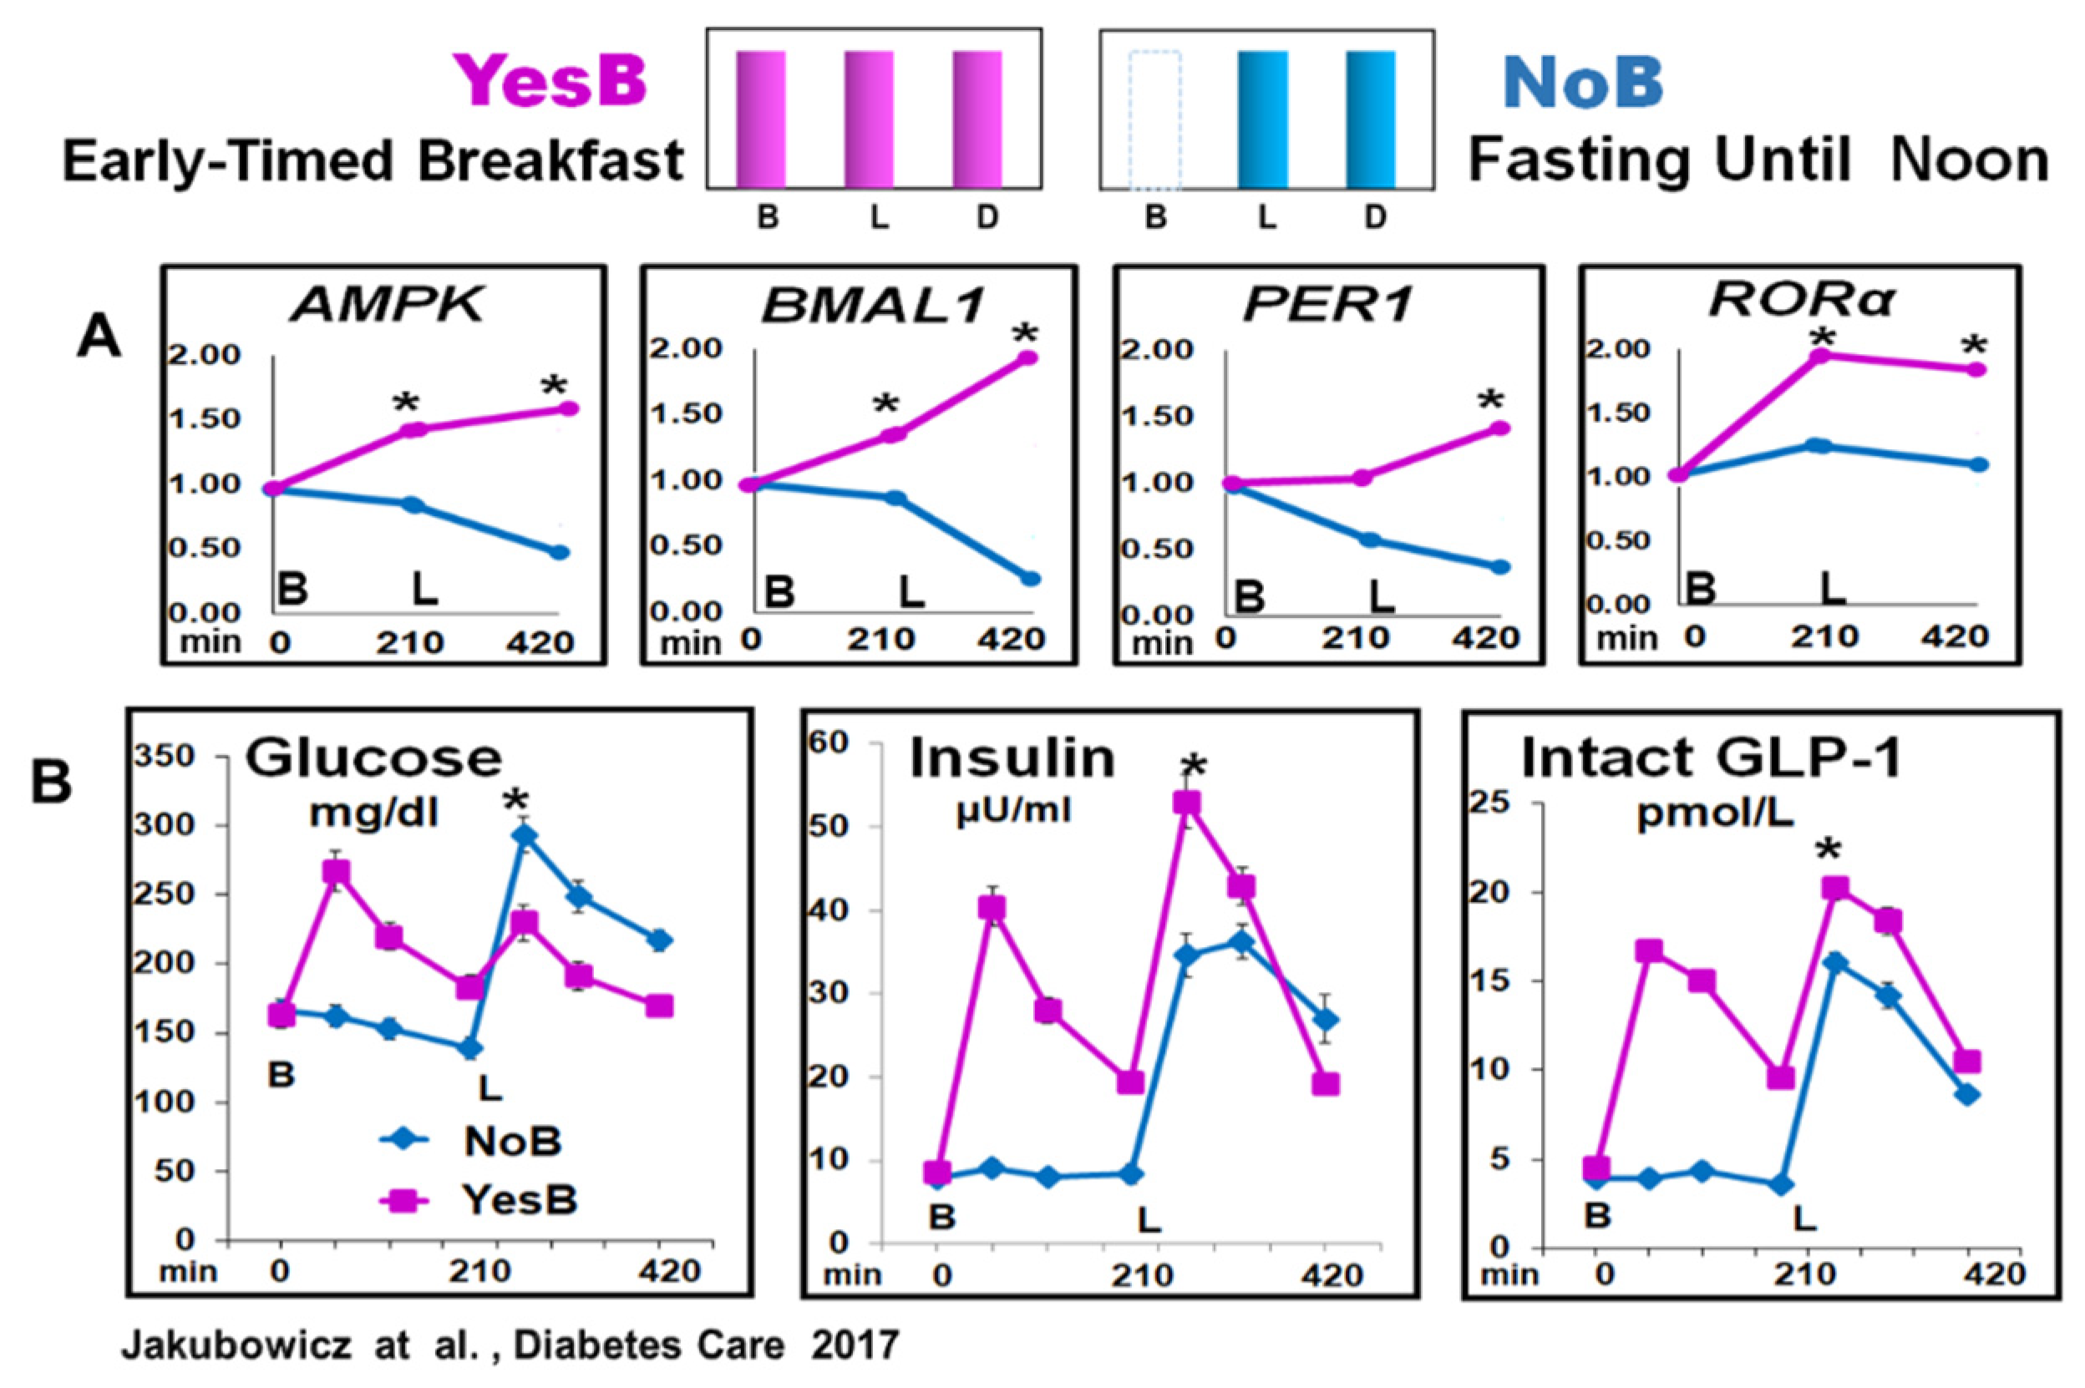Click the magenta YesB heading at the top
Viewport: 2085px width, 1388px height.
coord(550,82)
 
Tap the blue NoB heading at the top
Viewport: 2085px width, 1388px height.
coord(1582,82)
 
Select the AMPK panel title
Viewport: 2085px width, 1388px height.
coord(388,306)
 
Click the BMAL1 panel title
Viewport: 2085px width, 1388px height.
coord(873,306)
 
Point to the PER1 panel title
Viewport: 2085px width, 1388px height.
coord(1328,306)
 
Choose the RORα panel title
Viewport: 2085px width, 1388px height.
coord(1800,301)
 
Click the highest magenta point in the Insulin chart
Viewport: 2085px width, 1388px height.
coord(1186,803)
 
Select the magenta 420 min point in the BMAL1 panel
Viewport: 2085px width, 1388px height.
coord(1027,357)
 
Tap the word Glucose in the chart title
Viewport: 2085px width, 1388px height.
coord(373,757)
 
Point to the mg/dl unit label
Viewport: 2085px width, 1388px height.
coord(373,812)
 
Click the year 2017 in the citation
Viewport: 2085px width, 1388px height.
coord(855,1346)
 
